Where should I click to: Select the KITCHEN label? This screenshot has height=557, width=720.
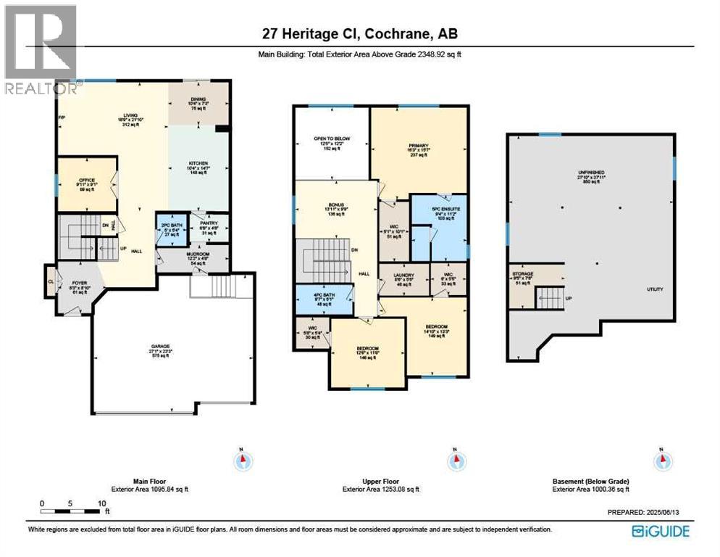(198, 163)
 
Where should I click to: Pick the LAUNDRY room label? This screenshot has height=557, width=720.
(403, 275)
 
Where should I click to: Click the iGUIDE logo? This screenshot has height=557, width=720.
(660, 531)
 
